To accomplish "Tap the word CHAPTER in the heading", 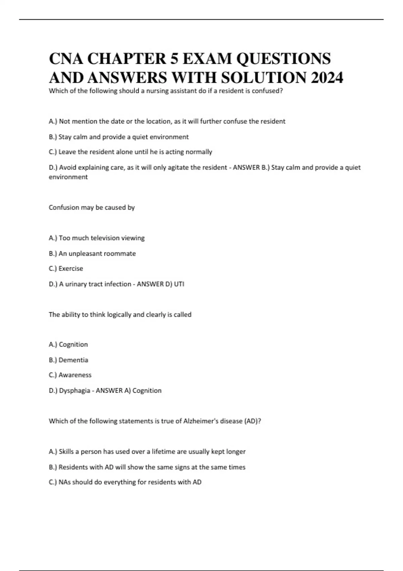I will click(127, 59).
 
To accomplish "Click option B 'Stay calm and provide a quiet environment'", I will click(119, 137).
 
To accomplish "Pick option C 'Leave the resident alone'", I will click(130, 152).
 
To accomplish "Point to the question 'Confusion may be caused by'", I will click(92, 208).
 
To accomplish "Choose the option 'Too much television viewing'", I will click(97, 238).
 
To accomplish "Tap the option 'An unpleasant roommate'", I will click(92, 254).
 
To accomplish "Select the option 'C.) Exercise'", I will click(66, 269).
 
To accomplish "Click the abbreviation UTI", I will click(179, 284).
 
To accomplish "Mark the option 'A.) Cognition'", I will click(68, 345).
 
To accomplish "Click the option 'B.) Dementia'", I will click(69, 360).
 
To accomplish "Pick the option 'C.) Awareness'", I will click(70, 375).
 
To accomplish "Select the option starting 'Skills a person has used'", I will click(147, 452).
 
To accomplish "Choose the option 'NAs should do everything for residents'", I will click(125, 482).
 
